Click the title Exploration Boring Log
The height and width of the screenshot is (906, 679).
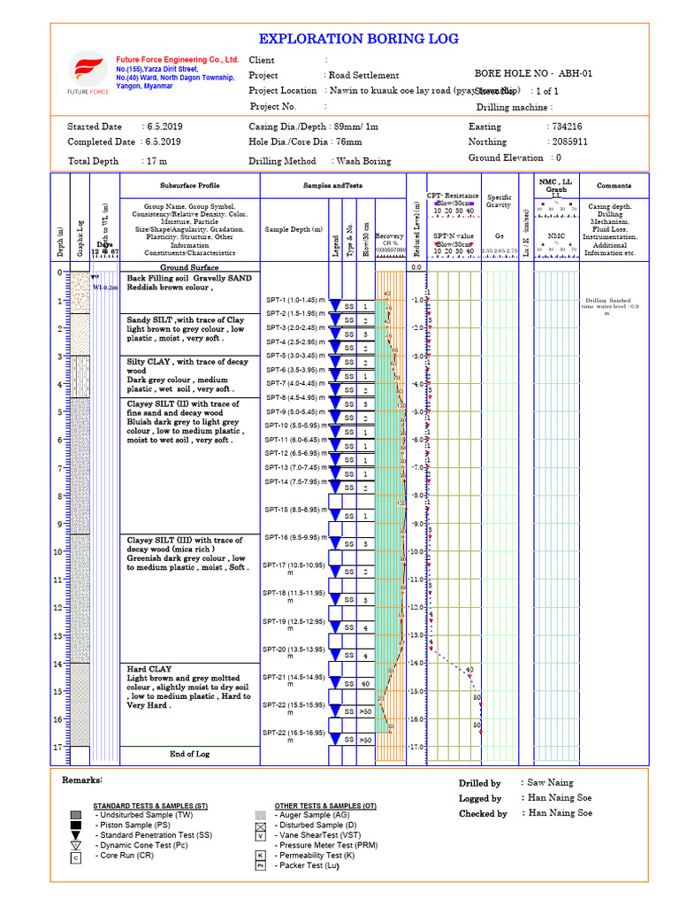(x=358, y=39)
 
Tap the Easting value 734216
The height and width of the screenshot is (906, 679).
(x=565, y=127)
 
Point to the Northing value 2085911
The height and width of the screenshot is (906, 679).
(x=568, y=142)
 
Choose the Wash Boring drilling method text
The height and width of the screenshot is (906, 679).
(x=363, y=161)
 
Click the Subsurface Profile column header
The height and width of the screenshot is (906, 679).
(x=189, y=186)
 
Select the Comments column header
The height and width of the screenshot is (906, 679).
(x=614, y=186)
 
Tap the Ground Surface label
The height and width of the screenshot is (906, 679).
(x=189, y=267)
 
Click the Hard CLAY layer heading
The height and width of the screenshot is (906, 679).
(x=149, y=669)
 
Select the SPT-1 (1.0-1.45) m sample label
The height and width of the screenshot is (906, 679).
(x=296, y=300)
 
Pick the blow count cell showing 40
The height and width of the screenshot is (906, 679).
(x=363, y=683)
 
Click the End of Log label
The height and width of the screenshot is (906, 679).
(x=189, y=754)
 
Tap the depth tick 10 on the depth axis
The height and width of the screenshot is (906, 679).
(x=57, y=552)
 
